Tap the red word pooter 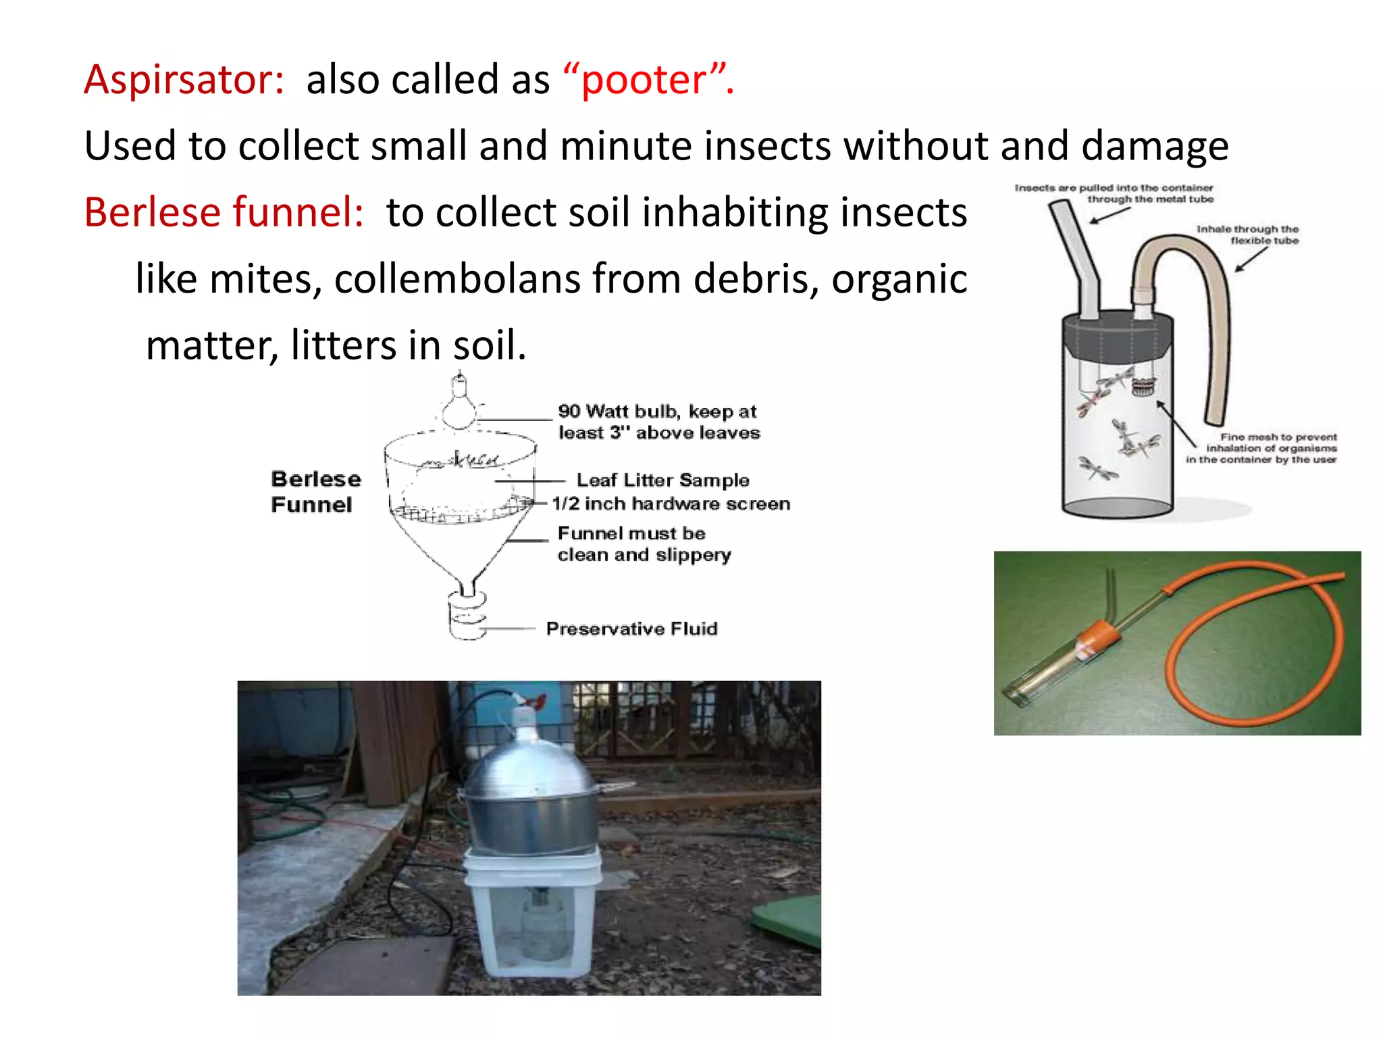(x=644, y=80)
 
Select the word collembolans (x=457, y=278)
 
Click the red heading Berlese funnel (x=224, y=212)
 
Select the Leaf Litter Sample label (x=662, y=480)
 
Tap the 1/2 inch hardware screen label (x=671, y=503)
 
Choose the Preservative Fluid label (x=631, y=628)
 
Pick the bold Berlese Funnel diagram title (x=315, y=491)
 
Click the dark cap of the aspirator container (x=1118, y=336)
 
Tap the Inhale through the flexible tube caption (x=1247, y=234)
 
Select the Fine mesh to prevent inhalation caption (x=1261, y=448)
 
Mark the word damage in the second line (x=1155, y=146)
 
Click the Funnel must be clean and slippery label (x=644, y=544)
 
